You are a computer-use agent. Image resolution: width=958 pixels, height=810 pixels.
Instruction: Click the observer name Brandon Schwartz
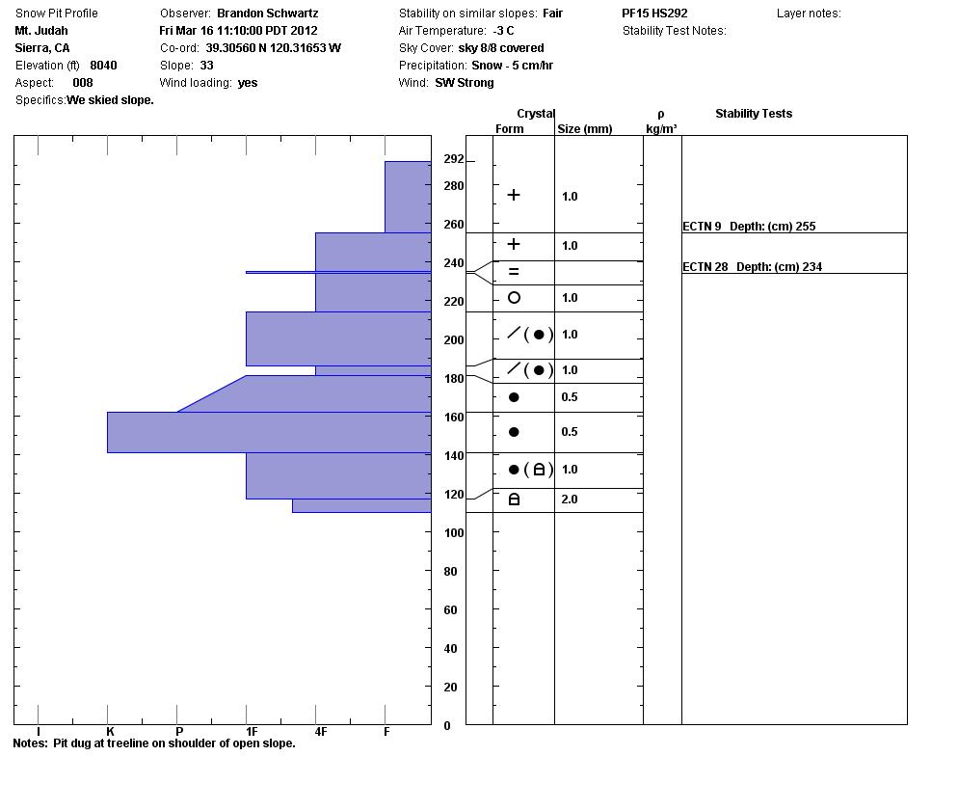[267, 13]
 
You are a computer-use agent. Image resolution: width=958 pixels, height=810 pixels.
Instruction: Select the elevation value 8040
[103, 66]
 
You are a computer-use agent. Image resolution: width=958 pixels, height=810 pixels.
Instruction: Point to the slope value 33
[206, 66]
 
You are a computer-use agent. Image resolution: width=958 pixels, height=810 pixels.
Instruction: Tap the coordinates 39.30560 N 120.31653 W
[273, 48]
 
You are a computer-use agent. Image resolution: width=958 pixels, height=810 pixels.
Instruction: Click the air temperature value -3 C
[503, 31]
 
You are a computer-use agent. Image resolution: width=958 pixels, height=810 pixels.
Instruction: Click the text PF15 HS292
[654, 13]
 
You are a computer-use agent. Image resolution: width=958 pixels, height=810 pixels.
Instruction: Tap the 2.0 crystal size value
[570, 499]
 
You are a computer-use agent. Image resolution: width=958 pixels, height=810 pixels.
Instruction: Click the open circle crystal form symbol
[514, 298]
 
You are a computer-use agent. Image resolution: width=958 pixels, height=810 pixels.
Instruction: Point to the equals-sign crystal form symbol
[514, 272]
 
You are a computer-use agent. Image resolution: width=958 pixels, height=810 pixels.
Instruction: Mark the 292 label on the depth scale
[453, 159]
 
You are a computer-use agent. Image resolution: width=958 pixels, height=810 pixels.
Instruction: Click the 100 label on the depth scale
[454, 533]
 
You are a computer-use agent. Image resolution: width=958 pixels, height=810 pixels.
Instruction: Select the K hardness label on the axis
[110, 732]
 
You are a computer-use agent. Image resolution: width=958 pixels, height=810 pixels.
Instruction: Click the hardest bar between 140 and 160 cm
[269, 432]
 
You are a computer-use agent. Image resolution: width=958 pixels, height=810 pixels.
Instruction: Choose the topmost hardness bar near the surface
[408, 197]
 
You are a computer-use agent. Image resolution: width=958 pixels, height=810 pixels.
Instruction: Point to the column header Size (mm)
[584, 129]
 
